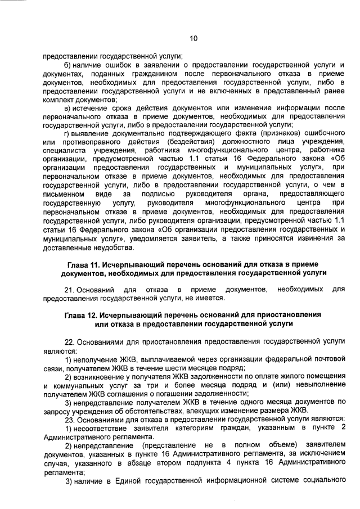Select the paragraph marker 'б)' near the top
(x=67, y=66)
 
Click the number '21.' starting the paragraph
(x=69, y=289)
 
